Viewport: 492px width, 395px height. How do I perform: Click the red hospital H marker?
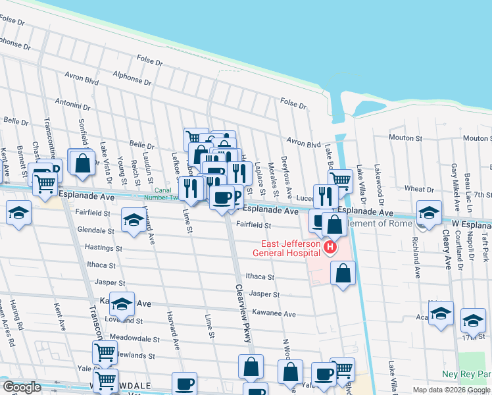[x=330, y=248]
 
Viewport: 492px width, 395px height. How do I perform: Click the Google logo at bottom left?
[x=21, y=387]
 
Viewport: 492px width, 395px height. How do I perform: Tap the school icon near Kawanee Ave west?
[x=122, y=303]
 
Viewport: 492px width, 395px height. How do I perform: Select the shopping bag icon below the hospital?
[x=343, y=273]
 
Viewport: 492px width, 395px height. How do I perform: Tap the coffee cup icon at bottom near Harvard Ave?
[x=184, y=383]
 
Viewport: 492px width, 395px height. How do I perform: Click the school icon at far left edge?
[x=19, y=213]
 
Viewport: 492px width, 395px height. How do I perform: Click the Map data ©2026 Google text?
[x=451, y=390]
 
